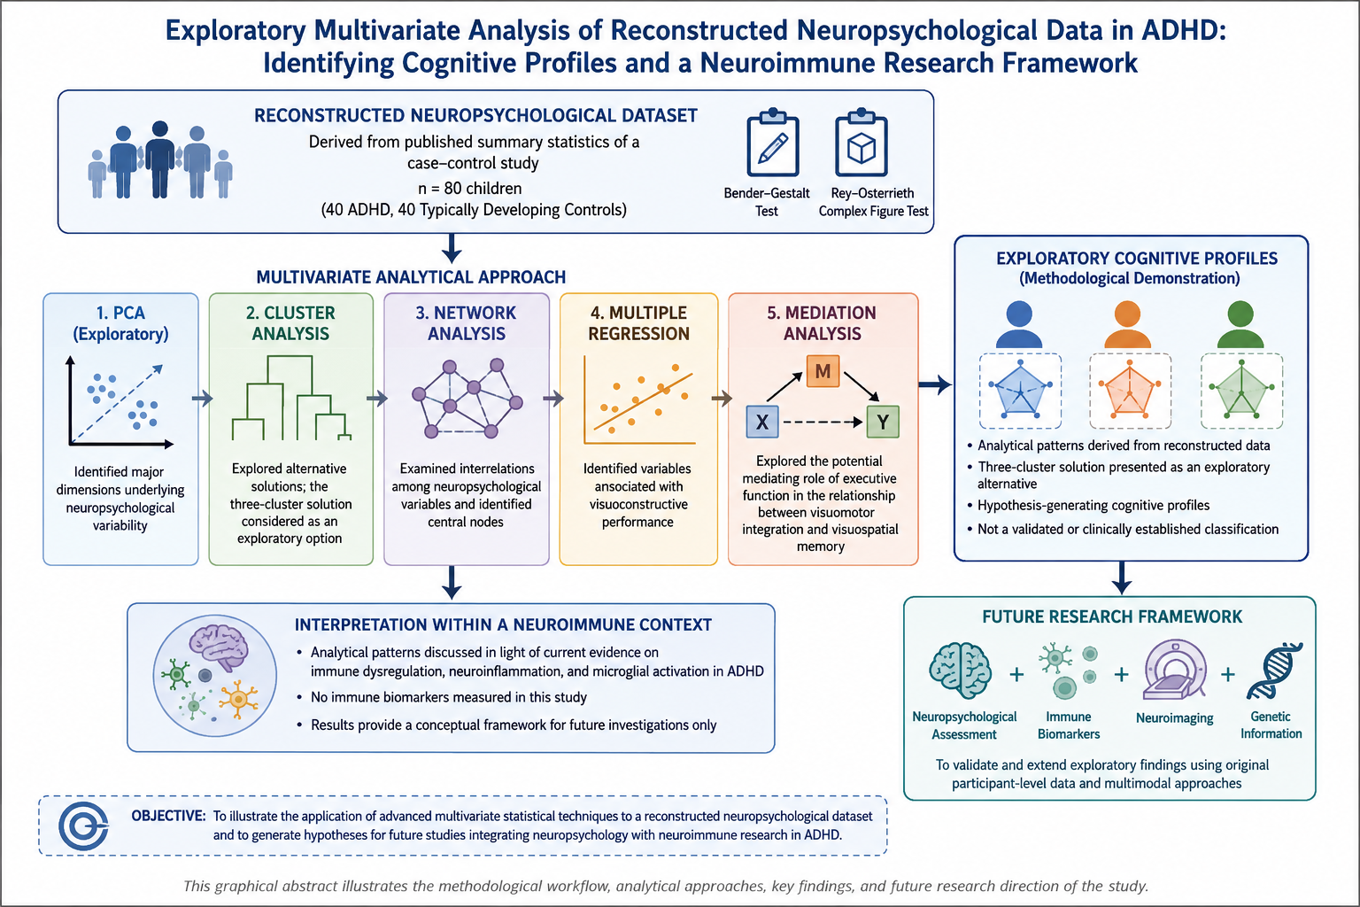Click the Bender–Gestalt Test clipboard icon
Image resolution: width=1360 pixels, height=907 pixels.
click(x=772, y=143)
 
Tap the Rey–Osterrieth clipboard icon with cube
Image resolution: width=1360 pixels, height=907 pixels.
click(x=861, y=143)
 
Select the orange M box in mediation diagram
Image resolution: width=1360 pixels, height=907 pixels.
click(x=823, y=370)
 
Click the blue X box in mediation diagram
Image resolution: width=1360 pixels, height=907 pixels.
click(x=762, y=422)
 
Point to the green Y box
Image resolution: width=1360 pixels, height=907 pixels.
click(x=883, y=422)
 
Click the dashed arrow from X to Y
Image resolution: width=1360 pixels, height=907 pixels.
click(x=823, y=422)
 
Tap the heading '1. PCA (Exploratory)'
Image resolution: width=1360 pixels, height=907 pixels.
click(x=120, y=323)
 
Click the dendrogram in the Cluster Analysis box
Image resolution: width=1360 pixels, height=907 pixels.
click(x=291, y=398)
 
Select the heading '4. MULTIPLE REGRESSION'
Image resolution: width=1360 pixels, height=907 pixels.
click(x=638, y=323)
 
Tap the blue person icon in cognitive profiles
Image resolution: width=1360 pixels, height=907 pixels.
click(x=1019, y=324)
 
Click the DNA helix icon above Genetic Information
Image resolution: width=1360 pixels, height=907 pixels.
click(x=1274, y=671)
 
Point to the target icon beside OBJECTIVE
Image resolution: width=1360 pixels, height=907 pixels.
click(x=84, y=826)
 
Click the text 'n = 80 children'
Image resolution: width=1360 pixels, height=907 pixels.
click(x=470, y=189)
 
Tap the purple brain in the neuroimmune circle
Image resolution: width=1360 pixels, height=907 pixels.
click(x=219, y=647)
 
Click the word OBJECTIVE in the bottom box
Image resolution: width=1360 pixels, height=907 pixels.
click(x=168, y=816)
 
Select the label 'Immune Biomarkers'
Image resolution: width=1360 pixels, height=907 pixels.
click(x=1069, y=725)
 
